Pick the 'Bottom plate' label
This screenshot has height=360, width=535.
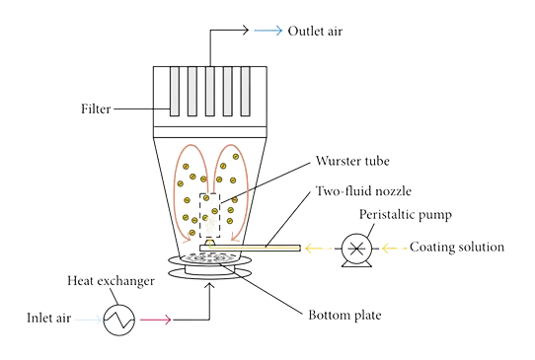pos(344,316)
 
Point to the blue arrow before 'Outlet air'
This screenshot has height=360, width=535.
pos(266,32)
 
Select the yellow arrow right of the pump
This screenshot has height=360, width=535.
pos(389,249)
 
